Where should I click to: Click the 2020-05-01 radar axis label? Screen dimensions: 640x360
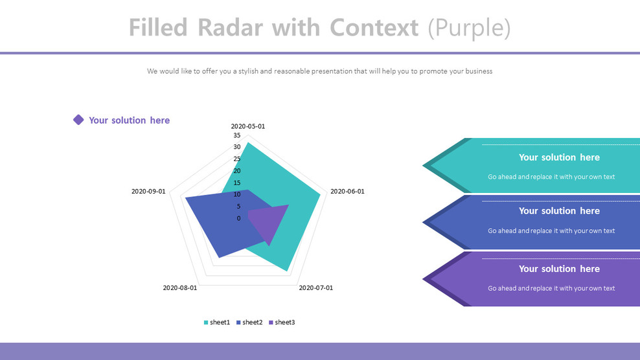pos(247,126)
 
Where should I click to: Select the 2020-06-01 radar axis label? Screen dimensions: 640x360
pos(347,192)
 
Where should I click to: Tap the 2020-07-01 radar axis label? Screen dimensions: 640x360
pos(316,287)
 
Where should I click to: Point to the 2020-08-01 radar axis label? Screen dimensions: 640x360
pos(180,287)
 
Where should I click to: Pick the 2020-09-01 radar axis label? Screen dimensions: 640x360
pos(148,192)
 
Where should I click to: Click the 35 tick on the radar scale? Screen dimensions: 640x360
pos(237,135)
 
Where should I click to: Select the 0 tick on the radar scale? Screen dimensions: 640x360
pos(239,218)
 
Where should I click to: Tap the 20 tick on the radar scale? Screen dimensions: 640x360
pos(237,171)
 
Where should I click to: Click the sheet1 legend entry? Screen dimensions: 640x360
pos(217,322)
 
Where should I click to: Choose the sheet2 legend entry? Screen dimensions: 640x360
pos(249,322)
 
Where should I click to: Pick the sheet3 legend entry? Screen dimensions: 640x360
pos(282,322)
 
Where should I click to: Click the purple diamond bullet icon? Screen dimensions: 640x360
pos(78,120)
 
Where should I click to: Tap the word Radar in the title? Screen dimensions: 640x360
pos(230,28)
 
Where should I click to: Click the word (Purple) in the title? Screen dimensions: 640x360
pos(470,28)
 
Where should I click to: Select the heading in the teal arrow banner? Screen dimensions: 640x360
pos(559,157)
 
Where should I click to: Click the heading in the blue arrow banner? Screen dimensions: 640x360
pos(559,211)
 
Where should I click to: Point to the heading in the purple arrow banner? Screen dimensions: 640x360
pos(559,269)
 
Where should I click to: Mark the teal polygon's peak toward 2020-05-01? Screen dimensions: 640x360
pos(248,142)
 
